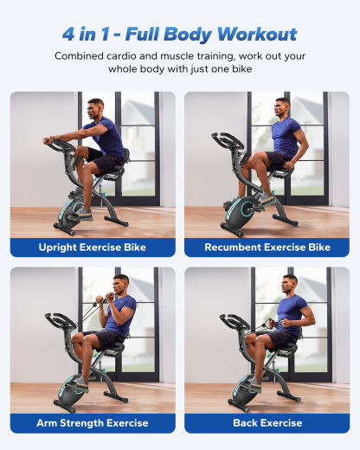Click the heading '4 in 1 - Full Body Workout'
(x=179, y=35)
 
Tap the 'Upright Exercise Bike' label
(x=93, y=247)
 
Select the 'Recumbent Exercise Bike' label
(x=267, y=247)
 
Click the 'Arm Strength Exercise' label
(x=93, y=423)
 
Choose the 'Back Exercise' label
(x=267, y=423)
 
